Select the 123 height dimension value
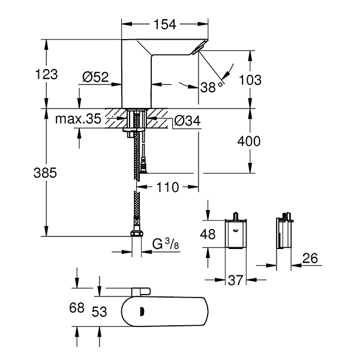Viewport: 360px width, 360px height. tap(47, 74)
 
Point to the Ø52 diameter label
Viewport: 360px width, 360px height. tap(95, 77)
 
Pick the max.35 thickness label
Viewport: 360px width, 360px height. tap(78, 119)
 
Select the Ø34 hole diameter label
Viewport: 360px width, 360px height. tap(187, 122)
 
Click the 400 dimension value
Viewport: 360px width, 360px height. tap(249, 142)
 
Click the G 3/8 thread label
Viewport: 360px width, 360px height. tap(164, 244)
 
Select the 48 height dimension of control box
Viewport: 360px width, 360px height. tap(207, 235)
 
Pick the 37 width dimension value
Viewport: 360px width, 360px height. tap(235, 279)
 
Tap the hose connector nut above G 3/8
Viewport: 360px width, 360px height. tap(137, 233)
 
